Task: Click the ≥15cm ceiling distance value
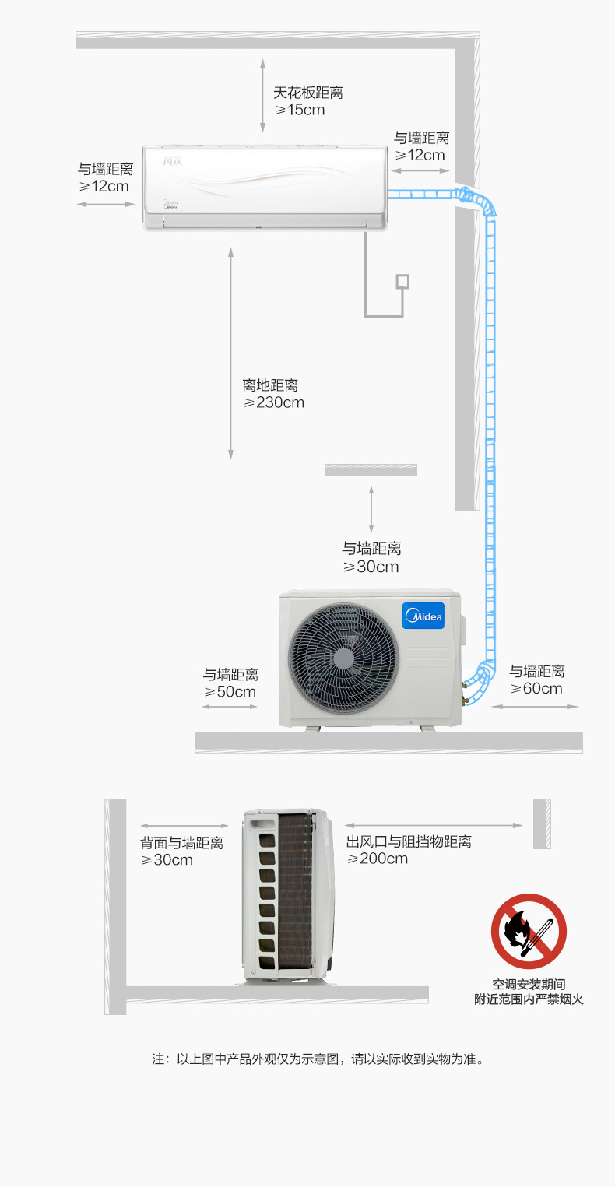(x=300, y=110)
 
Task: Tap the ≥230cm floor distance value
(x=273, y=402)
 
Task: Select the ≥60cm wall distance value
(x=536, y=688)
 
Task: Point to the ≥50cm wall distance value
(x=230, y=691)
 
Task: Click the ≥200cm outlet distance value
(x=377, y=859)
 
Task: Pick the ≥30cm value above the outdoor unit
(x=371, y=567)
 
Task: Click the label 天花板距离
(x=307, y=93)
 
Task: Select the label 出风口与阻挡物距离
(x=409, y=841)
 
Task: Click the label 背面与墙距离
(x=181, y=842)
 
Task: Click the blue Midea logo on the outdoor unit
(x=423, y=616)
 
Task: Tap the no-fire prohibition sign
(x=529, y=931)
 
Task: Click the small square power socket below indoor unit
(x=402, y=281)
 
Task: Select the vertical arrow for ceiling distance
(x=262, y=96)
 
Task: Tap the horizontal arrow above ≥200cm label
(x=433, y=825)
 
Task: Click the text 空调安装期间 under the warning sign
(x=529, y=984)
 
